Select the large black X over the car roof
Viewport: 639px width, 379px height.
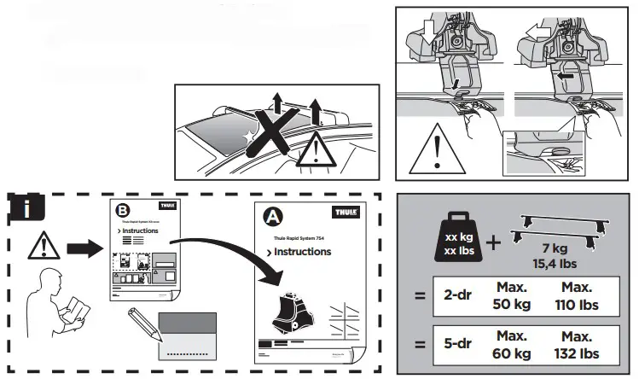(277, 140)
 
